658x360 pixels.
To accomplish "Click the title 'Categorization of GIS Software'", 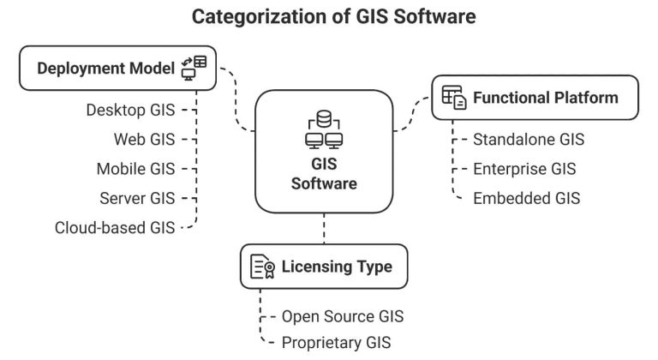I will (329, 16).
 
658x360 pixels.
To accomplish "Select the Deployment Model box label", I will (94, 69).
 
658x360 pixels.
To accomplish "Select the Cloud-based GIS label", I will (114, 228).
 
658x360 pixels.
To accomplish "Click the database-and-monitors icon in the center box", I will (324, 128).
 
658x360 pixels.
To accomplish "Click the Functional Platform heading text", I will (545, 98).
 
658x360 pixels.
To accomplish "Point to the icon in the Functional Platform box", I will (454, 98).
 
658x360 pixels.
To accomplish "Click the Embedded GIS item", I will (526, 198).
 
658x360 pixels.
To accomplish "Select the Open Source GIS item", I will (342, 315).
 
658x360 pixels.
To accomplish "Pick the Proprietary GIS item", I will (336, 343).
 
